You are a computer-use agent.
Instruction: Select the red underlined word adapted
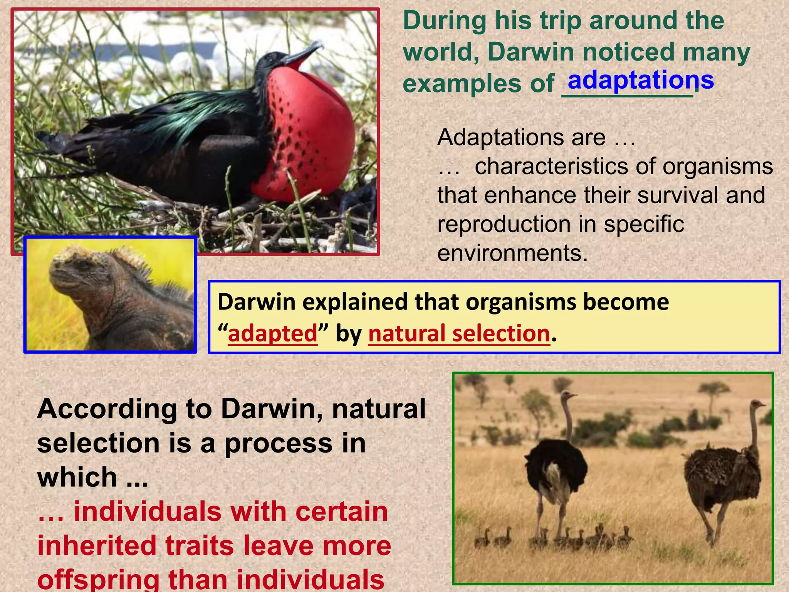tap(272, 333)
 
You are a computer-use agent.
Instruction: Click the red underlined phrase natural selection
tap(459, 333)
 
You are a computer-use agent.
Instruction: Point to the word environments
tap(512, 254)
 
